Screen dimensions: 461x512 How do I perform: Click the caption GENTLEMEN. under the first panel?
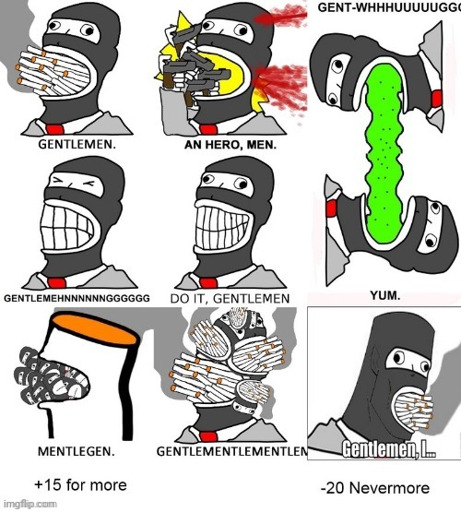(77, 144)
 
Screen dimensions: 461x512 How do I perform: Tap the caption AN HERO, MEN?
(230, 145)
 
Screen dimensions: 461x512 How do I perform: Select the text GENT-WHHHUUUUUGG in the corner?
(389, 7)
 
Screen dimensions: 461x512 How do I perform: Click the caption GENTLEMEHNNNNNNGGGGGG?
(77, 298)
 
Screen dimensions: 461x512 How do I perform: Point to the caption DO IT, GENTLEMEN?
(230, 299)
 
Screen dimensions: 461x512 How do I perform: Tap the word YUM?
(385, 296)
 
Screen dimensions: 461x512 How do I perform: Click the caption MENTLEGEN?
(77, 452)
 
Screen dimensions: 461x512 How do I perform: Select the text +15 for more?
(80, 485)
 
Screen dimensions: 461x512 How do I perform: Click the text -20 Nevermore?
(375, 488)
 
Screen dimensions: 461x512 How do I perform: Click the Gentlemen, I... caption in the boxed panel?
(389, 450)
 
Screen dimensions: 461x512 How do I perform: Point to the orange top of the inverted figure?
(94, 327)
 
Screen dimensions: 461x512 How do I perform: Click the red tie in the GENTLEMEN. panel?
(55, 129)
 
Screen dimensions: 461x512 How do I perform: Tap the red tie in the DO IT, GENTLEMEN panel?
(208, 283)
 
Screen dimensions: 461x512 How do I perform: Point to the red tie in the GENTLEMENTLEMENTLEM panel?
(208, 436)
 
